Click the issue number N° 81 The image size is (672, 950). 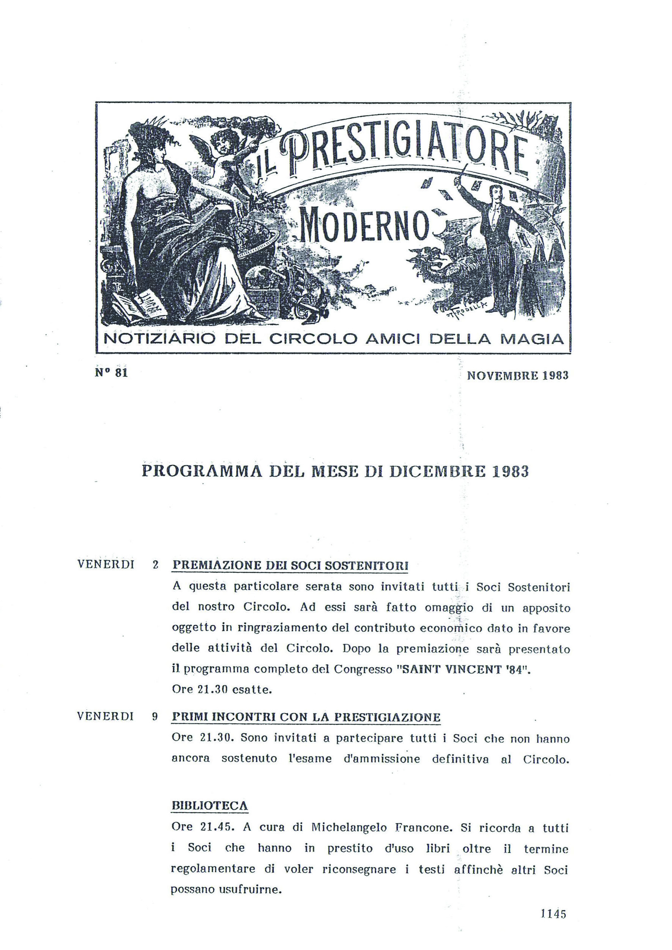[x=110, y=372]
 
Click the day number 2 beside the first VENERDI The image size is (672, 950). [x=156, y=565]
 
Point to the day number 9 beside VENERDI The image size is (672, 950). [x=155, y=717]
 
